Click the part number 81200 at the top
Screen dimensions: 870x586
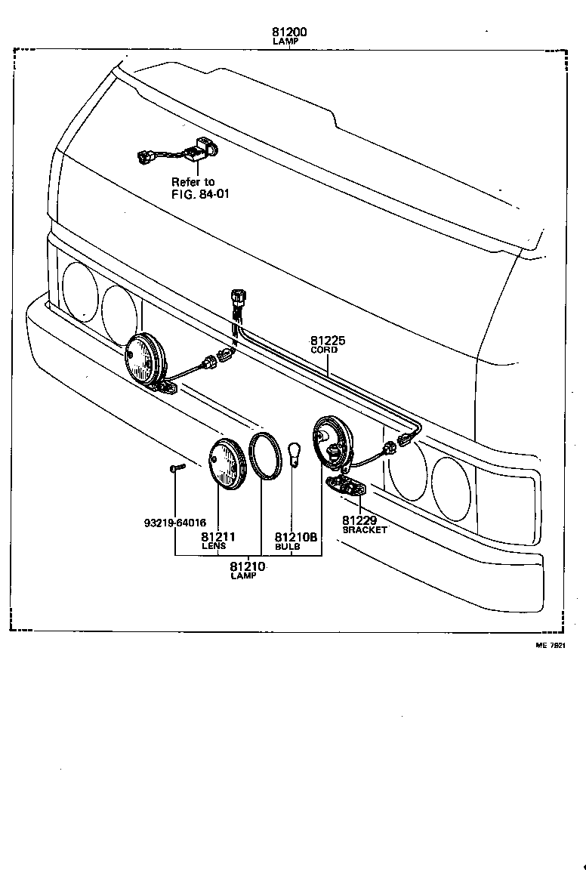click(x=289, y=32)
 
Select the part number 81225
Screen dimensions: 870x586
click(x=328, y=341)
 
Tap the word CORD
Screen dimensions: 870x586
click(x=325, y=350)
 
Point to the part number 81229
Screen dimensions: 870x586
click(x=359, y=520)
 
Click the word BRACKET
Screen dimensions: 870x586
click(x=365, y=530)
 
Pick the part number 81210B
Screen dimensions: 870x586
click(x=296, y=538)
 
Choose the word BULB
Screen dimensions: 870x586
click(x=287, y=546)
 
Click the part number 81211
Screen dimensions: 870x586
click(x=218, y=537)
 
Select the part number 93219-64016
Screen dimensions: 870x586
click(x=174, y=522)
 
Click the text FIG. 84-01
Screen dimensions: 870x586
click(x=200, y=193)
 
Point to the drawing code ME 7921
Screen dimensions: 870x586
click(x=551, y=646)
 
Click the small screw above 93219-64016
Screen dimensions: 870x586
click(x=175, y=469)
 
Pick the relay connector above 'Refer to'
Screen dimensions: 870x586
click(x=177, y=153)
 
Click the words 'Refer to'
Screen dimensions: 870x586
click(x=193, y=182)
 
